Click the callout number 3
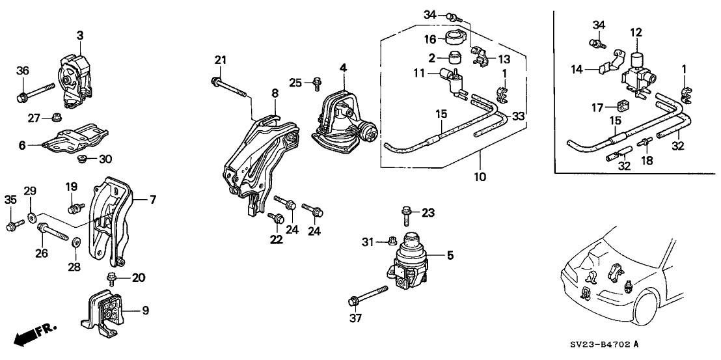[80, 36]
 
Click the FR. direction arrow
[33, 334]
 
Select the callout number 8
[275, 94]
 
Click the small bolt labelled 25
[317, 83]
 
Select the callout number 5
[449, 256]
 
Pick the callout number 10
[480, 176]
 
